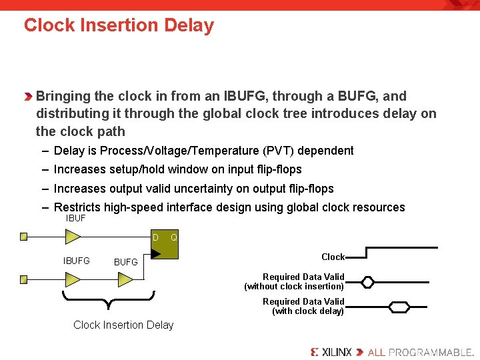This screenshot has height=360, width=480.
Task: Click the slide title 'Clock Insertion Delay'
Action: coord(119,25)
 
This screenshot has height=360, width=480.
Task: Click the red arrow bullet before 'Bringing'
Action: coord(28,97)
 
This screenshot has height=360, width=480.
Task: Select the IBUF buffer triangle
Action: coord(73,236)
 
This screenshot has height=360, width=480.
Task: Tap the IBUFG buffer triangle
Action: coord(73,279)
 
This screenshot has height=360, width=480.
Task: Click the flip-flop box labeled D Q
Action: coord(164,244)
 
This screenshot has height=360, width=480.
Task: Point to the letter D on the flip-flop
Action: coord(155,237)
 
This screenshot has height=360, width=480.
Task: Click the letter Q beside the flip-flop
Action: coord(173,237)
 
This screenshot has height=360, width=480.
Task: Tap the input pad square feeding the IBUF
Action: coord(24,236)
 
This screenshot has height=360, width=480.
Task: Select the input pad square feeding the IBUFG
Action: coord(24,279)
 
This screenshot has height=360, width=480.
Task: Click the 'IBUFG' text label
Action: coord(76,261)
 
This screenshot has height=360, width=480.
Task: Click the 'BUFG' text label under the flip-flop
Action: coord(125,262)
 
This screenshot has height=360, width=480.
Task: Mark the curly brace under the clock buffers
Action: coord(108,300)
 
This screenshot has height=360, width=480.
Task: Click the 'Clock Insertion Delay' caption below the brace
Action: coord(123,325)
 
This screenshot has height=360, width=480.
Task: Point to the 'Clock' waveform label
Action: coord(333,257)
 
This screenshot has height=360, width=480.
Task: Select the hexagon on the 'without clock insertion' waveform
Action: coord(367,282)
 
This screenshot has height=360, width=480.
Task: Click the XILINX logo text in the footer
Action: coord(331,351)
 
